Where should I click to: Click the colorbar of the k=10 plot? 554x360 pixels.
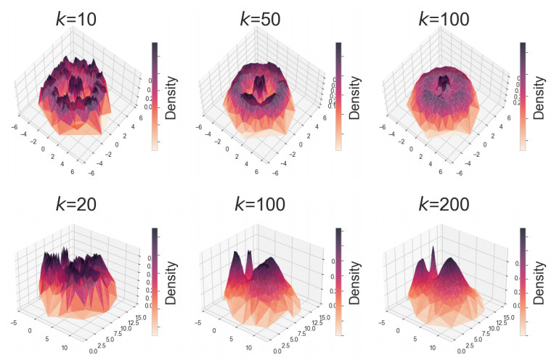pyautogui.click(x=154, y=95)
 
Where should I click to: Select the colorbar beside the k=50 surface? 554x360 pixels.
pyautogui.click(x=338, y=95)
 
